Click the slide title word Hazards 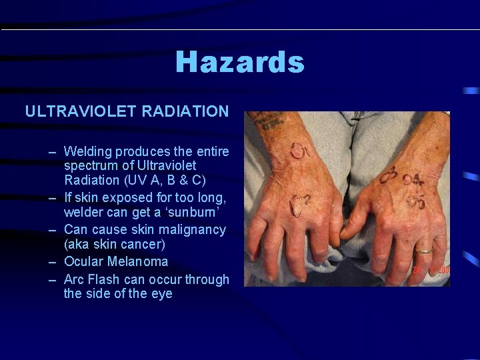coord(240,63)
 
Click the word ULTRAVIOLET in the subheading coord(80,111)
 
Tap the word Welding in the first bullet coord(88,151)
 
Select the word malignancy coord(191,229)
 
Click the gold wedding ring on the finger coord(424,252)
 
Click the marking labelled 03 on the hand coord(389,175)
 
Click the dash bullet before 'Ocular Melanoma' coord(53,261)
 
